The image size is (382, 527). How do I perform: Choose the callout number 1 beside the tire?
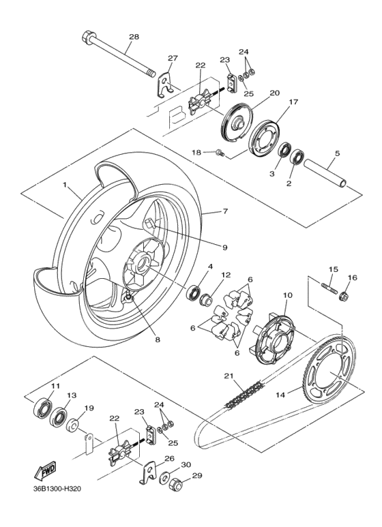coord(65,185)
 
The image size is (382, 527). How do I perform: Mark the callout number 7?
coord(225,213)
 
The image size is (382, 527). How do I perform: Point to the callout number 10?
coord(287,295)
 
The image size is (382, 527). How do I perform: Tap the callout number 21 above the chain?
coord(228,376)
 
